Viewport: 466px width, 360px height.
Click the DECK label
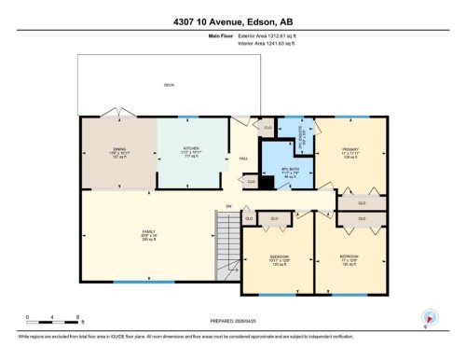(x=169, y=85)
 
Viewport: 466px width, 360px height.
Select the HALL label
(x=243, y=159)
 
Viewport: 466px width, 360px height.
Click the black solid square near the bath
(x=267, y=183)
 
